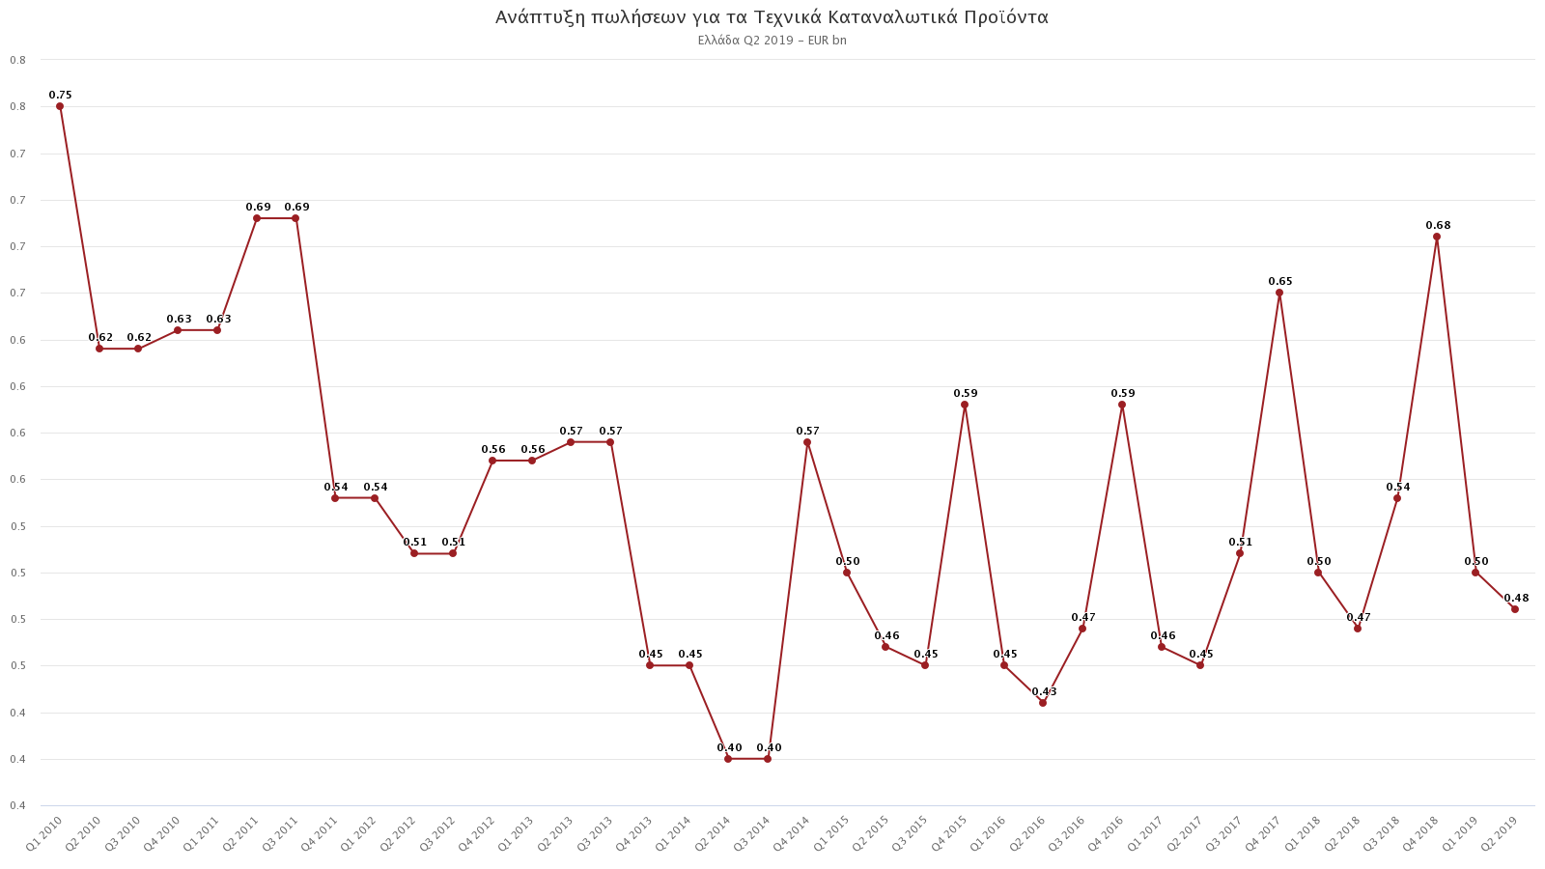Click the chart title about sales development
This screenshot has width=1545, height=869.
(x=772, y=17)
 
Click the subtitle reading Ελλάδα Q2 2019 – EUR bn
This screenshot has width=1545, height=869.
(x=772, y=41)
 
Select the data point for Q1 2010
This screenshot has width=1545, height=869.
(x=60, y=106)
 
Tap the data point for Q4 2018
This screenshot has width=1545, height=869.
(x=1437, y=237)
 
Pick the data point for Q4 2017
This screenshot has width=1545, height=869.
(x=1279, y=293)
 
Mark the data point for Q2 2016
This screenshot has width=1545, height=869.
(x=1043, y=703)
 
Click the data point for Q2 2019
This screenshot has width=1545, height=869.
(x=1515, y=609)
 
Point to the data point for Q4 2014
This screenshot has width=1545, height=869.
(x=807, y=442)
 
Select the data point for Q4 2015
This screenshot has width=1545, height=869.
(x=965, y=405)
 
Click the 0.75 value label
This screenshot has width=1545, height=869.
(x=61, y=96)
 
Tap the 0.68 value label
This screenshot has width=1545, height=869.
(x=1438, y=226)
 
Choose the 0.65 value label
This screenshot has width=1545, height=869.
(x=1280, y=282)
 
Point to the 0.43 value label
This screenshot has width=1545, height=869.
(x=1044, y=692)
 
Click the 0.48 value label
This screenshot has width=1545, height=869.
(x=1516, y=599)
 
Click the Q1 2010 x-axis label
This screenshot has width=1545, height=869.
(x=44, y=833)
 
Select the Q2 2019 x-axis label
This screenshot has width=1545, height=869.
(x=1500, y=833)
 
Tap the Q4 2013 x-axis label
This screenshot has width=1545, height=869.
(x=634, y=833)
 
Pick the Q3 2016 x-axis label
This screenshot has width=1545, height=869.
(x=1067, y=833)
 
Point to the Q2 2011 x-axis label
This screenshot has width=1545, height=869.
(x=241, y=833)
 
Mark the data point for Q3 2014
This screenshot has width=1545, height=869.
(x=768, y=759)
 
